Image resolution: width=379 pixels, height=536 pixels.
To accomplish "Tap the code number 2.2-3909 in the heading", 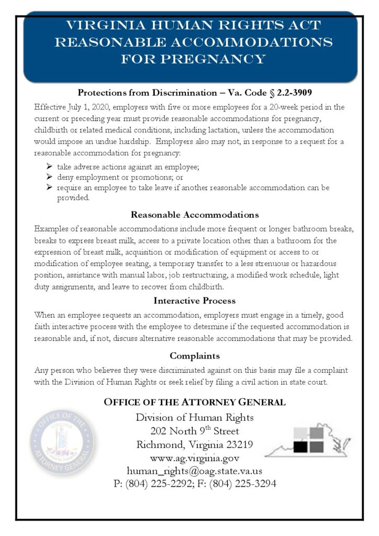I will (283, 93).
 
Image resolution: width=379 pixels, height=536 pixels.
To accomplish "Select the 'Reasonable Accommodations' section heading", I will (195, 215).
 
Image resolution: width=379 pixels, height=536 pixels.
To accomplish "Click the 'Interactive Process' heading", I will (195, 301).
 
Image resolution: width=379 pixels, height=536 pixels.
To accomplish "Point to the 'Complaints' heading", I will (195, 356).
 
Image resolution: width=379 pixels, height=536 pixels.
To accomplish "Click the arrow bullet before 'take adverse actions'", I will (49, 167).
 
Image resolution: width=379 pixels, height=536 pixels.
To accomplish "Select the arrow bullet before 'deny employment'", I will (49, 177).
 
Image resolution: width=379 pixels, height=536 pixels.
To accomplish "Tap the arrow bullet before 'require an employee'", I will (49, 187).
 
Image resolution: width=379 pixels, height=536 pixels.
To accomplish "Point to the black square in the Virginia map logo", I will (299, 446).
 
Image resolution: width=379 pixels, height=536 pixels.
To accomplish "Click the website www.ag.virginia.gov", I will (195, 459).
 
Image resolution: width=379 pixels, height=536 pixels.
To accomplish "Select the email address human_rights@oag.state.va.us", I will (195, 471).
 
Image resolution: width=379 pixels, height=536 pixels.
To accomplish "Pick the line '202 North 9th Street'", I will (195, 431).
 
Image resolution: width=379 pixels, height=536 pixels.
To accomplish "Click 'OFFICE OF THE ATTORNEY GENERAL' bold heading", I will (195, 403).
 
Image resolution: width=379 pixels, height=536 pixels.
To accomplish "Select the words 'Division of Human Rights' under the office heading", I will (195, 418).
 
